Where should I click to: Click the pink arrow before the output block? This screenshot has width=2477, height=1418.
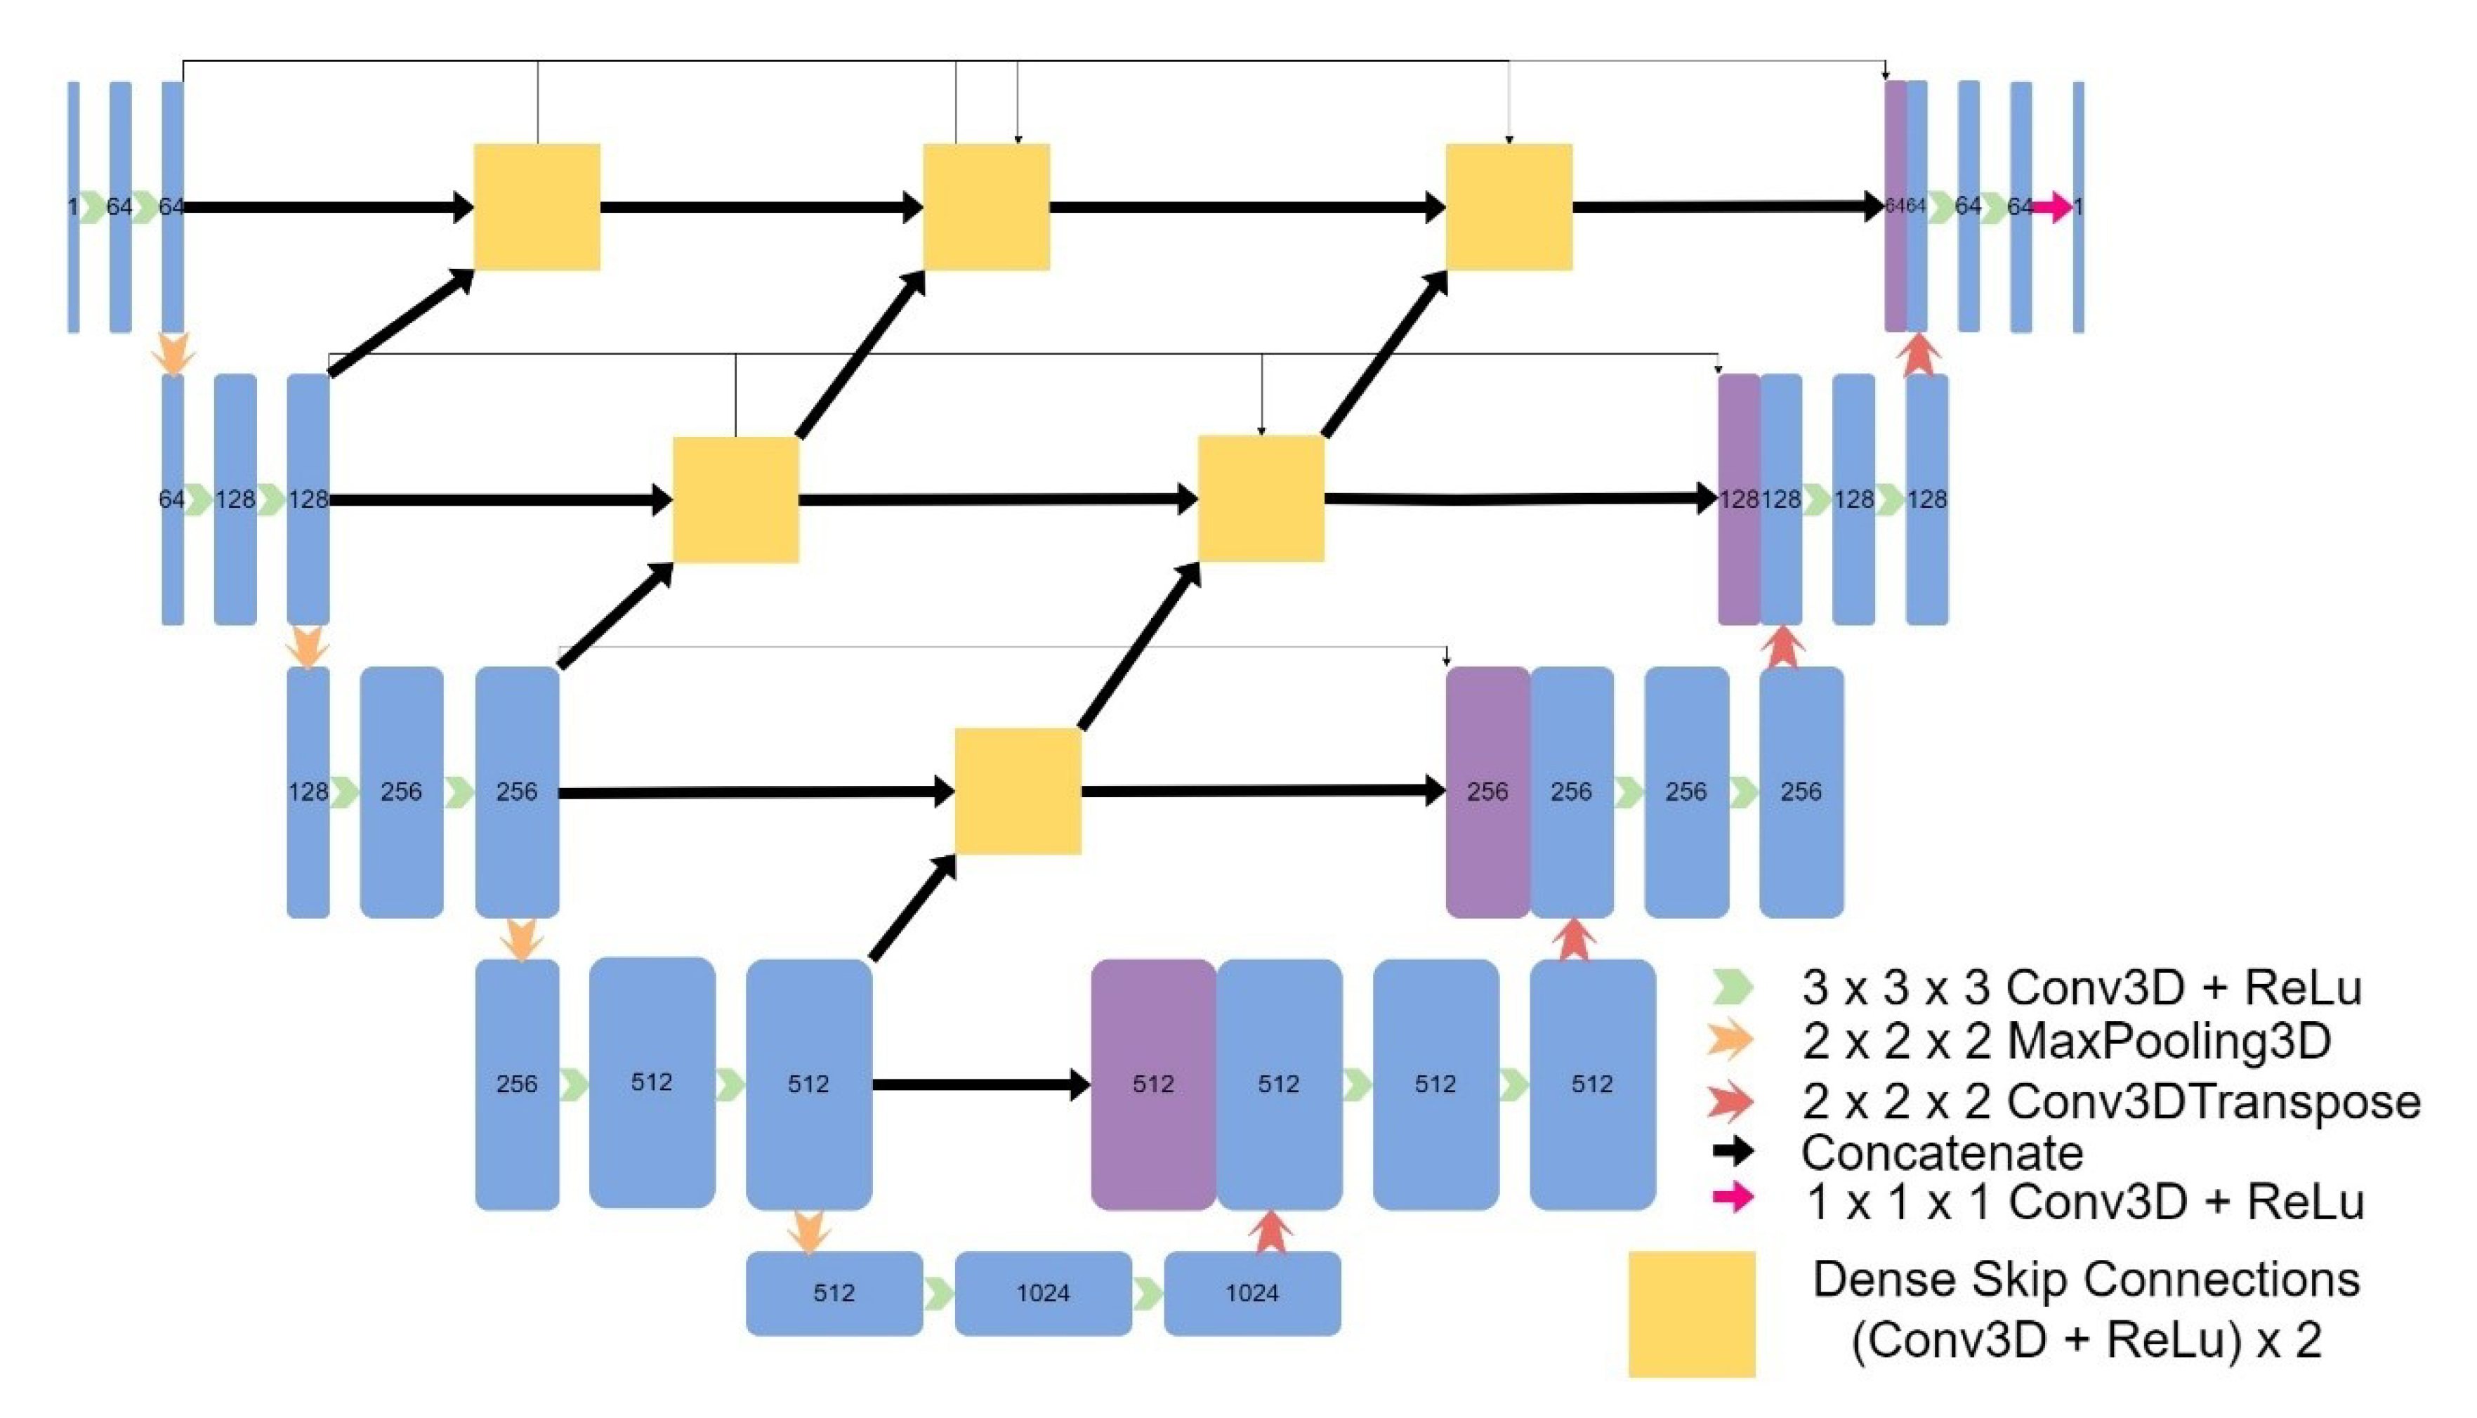click(x=2051, y=206)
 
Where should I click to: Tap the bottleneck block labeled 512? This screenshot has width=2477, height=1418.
click(x=834, y=1292)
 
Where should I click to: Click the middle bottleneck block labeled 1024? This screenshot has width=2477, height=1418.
click(x=1043, y=1292)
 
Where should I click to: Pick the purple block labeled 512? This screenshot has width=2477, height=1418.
click(x=1152, y=1084)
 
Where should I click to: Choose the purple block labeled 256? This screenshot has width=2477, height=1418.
click(x=1487, y=792)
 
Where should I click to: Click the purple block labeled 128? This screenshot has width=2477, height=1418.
click(x=1738, y=499)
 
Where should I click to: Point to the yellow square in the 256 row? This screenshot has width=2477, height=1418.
click(x=1018, y=792)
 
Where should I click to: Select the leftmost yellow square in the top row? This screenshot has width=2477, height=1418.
click(x=537, y=206)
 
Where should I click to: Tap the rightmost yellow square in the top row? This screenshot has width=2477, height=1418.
click(x=1509, y=206)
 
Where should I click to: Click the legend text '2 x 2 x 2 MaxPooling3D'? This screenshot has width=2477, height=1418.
click(x=2066, y=1041)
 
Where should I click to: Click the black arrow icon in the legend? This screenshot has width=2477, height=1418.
click(x=1732, y=1152)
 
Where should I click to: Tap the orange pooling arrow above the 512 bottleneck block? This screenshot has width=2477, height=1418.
click(x=809, y=1231)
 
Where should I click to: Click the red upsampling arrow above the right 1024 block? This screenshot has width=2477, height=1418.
click(x=1270, y=1231)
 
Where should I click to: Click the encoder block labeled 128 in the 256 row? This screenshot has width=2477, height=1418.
click(x=308, y=792)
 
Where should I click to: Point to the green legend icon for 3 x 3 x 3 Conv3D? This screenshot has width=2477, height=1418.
click(x=1732, y=987)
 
